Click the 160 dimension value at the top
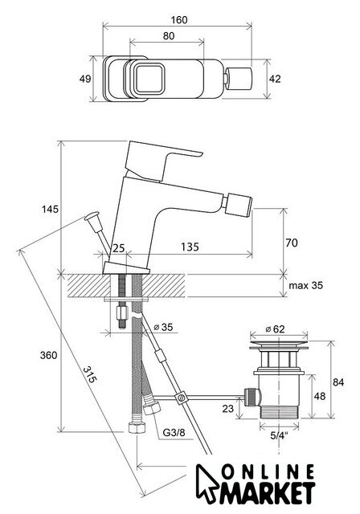click(x=179, y=20)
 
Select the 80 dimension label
click(x=169, y=36)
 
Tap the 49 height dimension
click(x=85, y=79)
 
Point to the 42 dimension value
click(x=275, y=79)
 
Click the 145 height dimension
click(x=50, y=209)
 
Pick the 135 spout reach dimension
click(x=190, y=247)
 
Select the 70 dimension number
click(x=292, y=243)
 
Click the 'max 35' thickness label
click(x=305, y=285)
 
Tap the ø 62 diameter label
click(x=275, y=328)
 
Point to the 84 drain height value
click(x=338, y=382)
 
